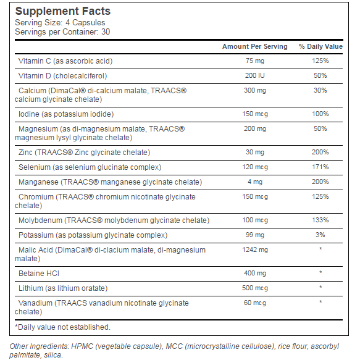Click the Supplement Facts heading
[x=63, y=11]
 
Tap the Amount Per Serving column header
[x=255, y=46]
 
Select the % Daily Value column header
[x=320, y=46]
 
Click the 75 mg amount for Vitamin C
[x=255, y=61]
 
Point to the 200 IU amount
[x=255, y=75]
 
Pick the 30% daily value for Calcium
[x=320, y=90]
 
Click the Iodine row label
[x=66, y=114]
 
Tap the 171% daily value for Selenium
[x=320, y=167]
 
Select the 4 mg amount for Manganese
[x=255, y=182]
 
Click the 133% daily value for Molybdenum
[x=320, y=220]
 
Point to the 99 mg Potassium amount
[x=255, y=235]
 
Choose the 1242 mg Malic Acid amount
[x=255, y=250]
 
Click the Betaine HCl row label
[x=39, y=274]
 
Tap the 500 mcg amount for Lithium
[x=255, y=288]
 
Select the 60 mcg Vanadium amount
[x=255, y=303]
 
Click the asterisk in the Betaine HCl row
[x=320, y=272]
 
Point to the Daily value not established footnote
[x=63, y=327]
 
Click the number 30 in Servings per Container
[x=106, y=31]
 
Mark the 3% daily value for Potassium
[x=320, y=235]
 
